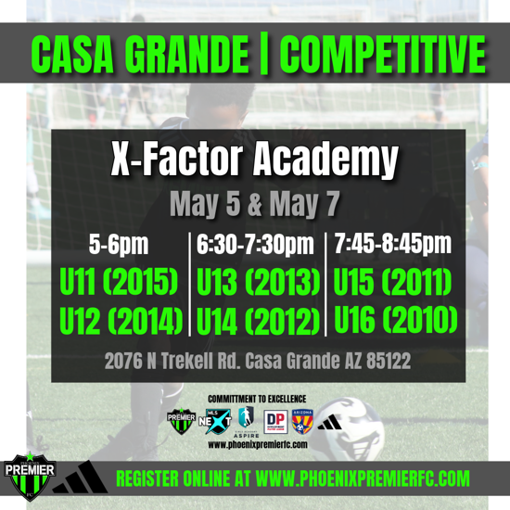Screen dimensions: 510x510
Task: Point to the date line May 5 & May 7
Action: (x=256, y=203)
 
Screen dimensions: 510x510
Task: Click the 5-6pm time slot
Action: (x=120, y=245)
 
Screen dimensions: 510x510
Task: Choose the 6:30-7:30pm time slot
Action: (x=256, y=245)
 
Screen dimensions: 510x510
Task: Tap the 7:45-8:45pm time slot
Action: (x=394, y=245)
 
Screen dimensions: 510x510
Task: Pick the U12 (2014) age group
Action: (x=120, y=321)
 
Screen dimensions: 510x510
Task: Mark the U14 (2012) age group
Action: (x=258, y=321)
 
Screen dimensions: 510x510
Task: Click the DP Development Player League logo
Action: (x=274, y=421)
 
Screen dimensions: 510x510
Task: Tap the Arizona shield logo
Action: (x=302, y=421)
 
